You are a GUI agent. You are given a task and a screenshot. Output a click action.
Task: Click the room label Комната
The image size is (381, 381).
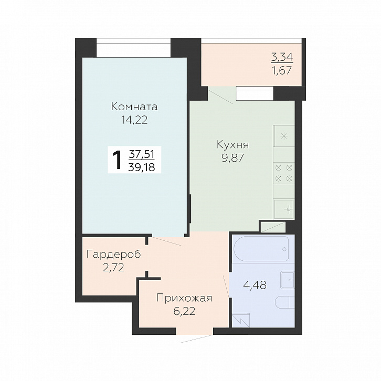pyautogui.click(x=134, y=107)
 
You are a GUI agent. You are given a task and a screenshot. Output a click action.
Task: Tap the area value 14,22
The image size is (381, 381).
pyautogui.click(x=134, y=120)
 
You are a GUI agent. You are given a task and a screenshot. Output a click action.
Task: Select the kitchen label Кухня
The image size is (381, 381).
pyautogui.click(x=232, y=144)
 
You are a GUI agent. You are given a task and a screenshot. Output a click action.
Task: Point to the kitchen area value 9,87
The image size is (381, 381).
pyautogui.click(x=232, y=158)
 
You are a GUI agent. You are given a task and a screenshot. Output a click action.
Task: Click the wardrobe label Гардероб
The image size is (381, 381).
pyautogui.click(x=113, y=255)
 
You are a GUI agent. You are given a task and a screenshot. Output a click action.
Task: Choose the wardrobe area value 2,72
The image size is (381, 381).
pyautogui.click(x=113, y=268)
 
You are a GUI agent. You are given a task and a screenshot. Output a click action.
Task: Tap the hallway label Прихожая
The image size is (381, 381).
pyautogui.click(x=184, y=298)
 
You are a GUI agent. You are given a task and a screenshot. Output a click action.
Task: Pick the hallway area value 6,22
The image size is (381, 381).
pyautogui.click(x=184, y=311)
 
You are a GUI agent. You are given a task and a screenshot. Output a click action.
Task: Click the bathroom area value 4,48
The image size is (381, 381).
pyautogui.click(x=255, y=285)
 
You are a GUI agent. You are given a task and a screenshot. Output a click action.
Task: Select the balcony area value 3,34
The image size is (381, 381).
pyautogui.click(x=282, y=57)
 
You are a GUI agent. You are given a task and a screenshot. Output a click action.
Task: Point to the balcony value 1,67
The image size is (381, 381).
pyautogui.click(x=282, y=70)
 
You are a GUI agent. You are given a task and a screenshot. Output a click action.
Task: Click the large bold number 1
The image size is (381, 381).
pyautogui.click(x=118, y=160)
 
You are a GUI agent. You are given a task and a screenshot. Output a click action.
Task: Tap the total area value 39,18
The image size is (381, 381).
pyautogui.click(x=142, y=167)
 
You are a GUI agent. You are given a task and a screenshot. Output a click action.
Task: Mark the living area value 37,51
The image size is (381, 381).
pyautogui.click(x=142, y=154)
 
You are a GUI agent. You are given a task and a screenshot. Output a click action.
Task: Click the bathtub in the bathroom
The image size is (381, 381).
pyautogui.click(x=261, y=249)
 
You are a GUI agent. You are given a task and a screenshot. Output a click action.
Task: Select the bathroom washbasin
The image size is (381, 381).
pyautogui.click(x=287, y=280)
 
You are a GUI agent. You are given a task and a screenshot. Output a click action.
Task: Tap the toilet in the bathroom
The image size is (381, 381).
pyautogui.click(x=285, y=302)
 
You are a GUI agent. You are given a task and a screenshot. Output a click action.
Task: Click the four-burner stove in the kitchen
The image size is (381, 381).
pyautogui.click(x=284, y=173)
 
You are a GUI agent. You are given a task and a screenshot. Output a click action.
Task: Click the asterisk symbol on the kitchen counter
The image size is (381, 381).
pyautogui.click(x=283, y=136)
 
